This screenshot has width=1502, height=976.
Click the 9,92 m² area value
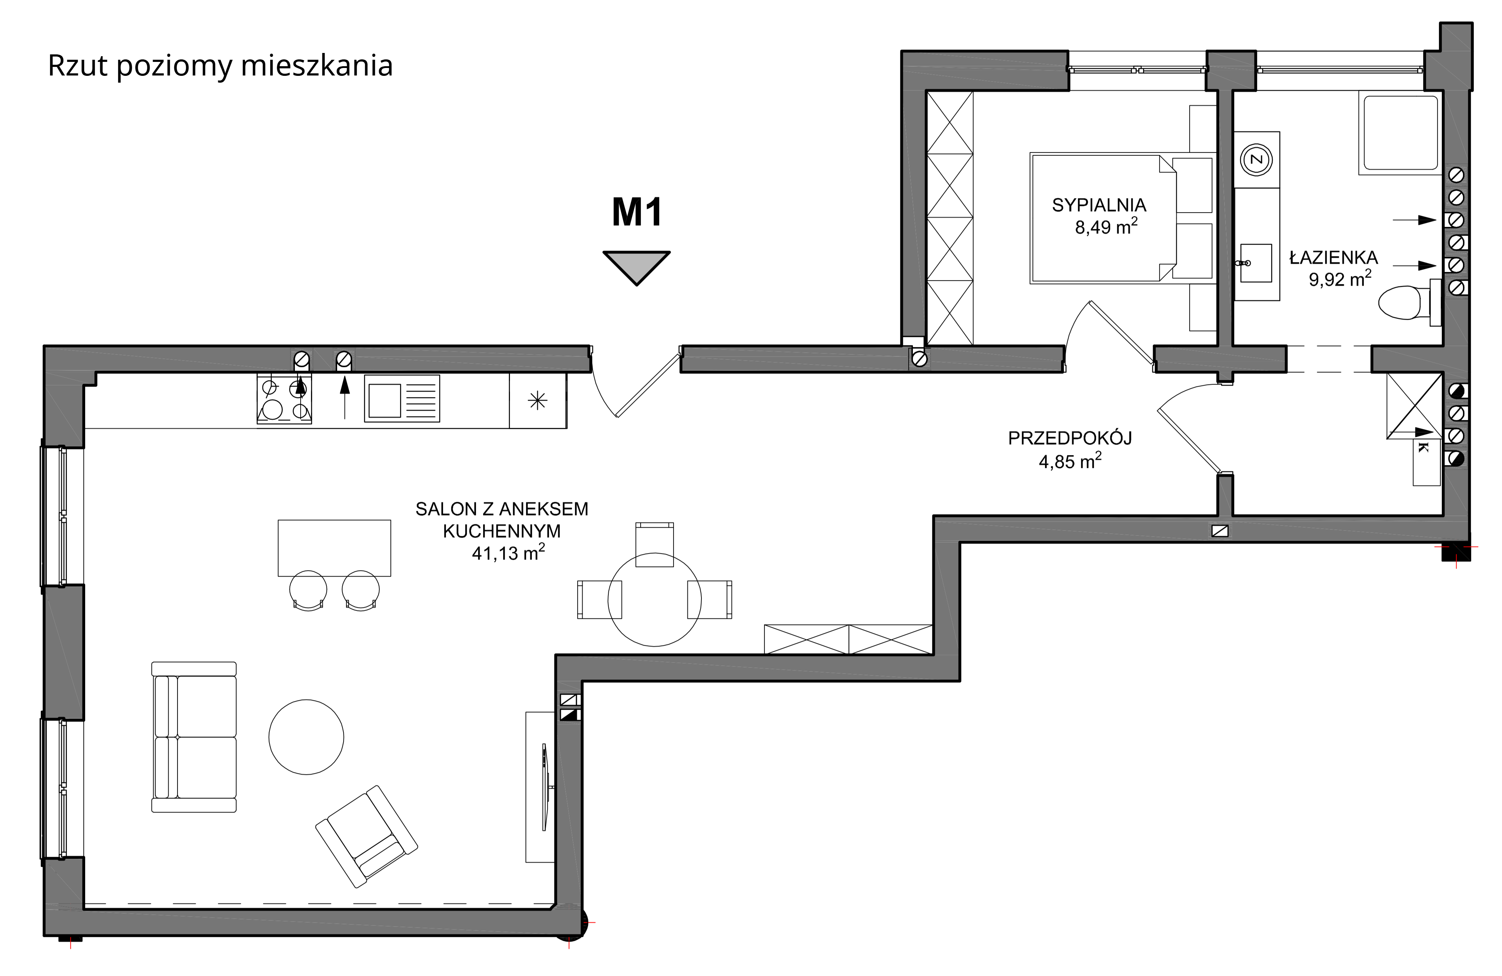[1340, 279]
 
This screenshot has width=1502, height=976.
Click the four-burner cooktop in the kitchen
[284, 399]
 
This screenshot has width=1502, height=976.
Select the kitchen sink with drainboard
[402, 399]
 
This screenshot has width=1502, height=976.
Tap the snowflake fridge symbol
[538, 400]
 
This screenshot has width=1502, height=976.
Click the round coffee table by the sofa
[306, 737]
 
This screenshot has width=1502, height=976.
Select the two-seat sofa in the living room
[194, 737]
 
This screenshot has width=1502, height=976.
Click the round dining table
[655, 600]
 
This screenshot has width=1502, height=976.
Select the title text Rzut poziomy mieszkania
[220, 65]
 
